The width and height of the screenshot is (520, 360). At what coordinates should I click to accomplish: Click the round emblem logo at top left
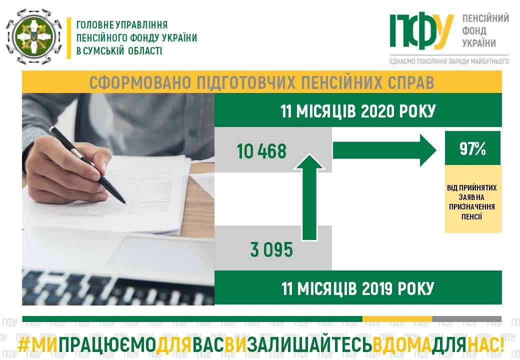34,36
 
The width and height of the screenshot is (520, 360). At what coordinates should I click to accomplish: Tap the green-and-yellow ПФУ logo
421,31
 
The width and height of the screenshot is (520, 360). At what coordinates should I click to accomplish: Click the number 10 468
261,151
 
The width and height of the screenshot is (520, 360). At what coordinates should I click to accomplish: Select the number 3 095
271,249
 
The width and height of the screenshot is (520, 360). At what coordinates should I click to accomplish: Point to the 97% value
472,148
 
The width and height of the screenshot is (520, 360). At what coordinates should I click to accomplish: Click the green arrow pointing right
384,150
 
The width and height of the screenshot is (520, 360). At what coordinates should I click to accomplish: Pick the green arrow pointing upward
309,197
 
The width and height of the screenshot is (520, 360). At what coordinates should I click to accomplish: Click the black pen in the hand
87,165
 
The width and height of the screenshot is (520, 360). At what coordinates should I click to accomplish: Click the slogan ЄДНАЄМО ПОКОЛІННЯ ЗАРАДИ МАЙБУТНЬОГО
449,61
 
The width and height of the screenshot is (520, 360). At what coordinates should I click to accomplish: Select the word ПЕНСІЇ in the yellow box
471,217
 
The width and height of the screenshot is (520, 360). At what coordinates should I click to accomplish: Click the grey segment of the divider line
466,319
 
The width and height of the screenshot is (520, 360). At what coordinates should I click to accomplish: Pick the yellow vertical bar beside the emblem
69,38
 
